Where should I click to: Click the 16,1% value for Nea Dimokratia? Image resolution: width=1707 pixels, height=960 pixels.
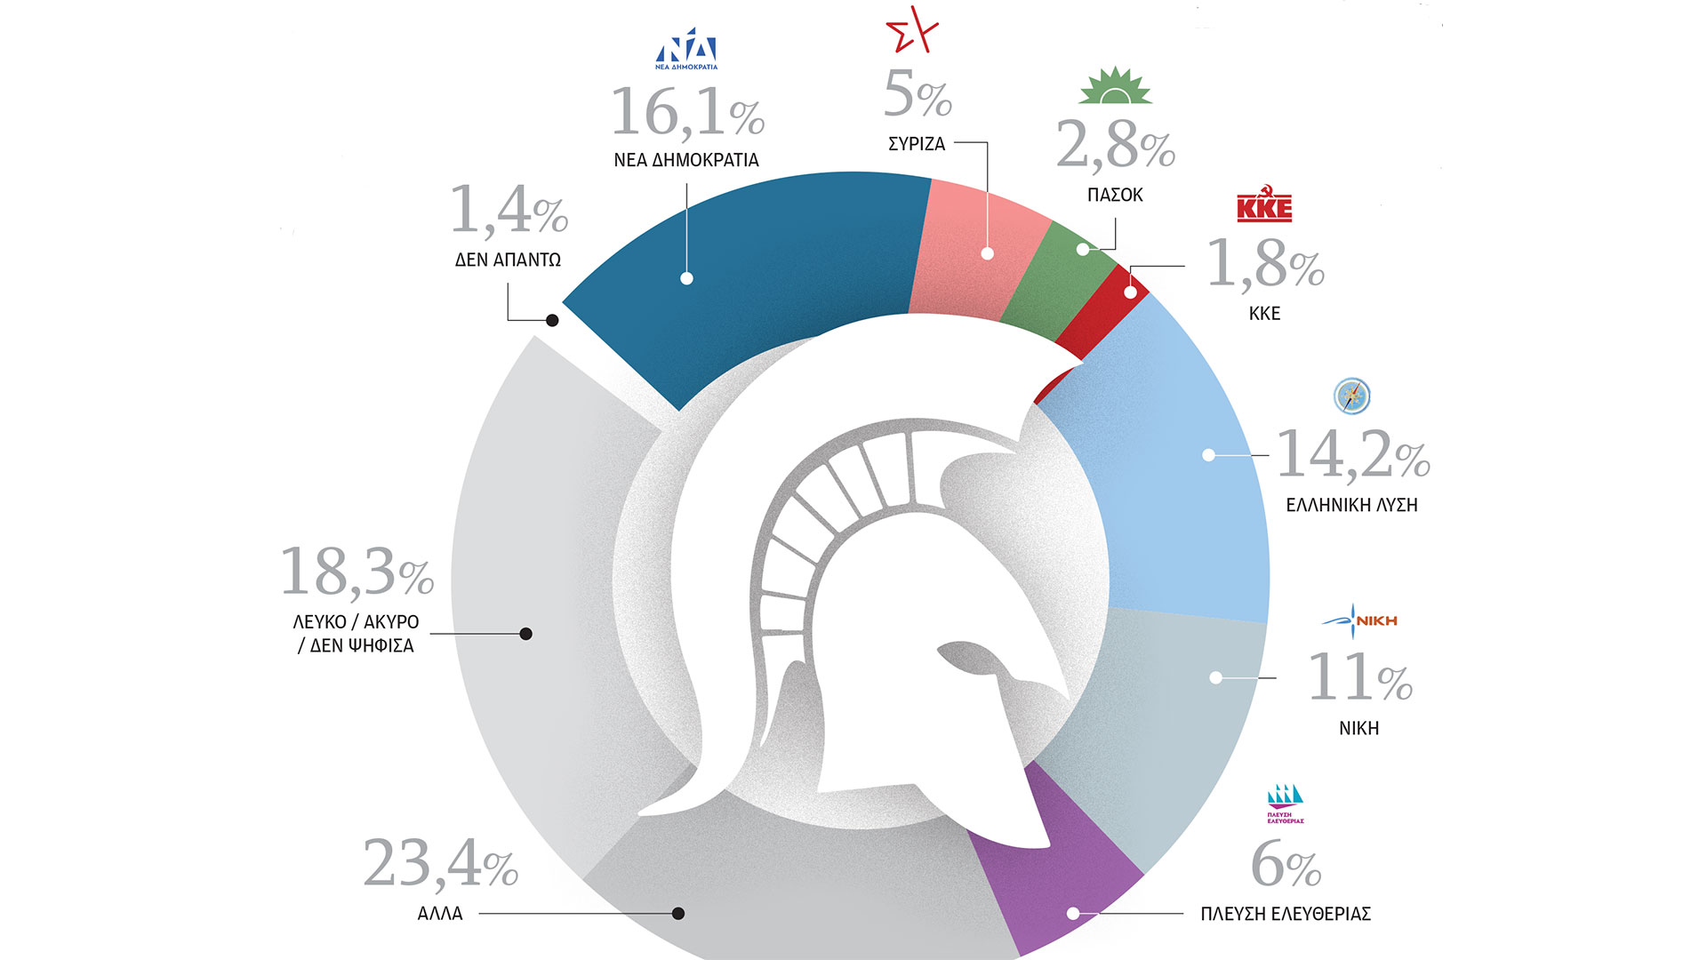coord(686,113)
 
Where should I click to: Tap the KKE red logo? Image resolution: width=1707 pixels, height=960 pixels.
coord(1264,207)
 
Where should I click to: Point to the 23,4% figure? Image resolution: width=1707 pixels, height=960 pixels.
coord(440,863)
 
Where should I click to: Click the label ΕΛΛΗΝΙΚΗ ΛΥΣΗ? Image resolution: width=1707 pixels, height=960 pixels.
coord(1351,505)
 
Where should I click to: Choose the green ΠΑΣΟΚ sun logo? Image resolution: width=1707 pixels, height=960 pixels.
coord(1115,86)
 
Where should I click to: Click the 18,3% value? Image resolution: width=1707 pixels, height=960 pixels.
coord(357,572)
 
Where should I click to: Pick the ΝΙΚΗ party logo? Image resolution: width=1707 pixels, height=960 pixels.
coord(1359,620)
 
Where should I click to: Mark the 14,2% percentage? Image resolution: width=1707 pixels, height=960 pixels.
coord(1352,455)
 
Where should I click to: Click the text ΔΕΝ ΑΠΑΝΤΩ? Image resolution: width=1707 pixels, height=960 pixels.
coord(508,260)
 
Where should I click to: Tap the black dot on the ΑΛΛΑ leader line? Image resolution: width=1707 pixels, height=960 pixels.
coord(678,913)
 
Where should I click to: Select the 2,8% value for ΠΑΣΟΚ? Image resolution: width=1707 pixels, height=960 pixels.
coord(1115,144)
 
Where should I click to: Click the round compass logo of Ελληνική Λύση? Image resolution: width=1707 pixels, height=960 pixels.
coord(1352,396)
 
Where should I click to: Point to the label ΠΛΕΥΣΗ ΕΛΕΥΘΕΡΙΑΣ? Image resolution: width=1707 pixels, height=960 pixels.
coord(1286,914)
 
